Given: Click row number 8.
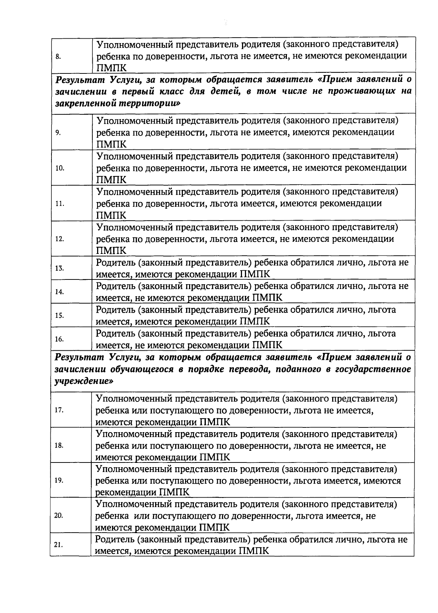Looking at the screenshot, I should point(58,57).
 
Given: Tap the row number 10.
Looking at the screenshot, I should point(59,168).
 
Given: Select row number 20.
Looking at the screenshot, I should point(59,516).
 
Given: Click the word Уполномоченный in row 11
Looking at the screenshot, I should point(134,192).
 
